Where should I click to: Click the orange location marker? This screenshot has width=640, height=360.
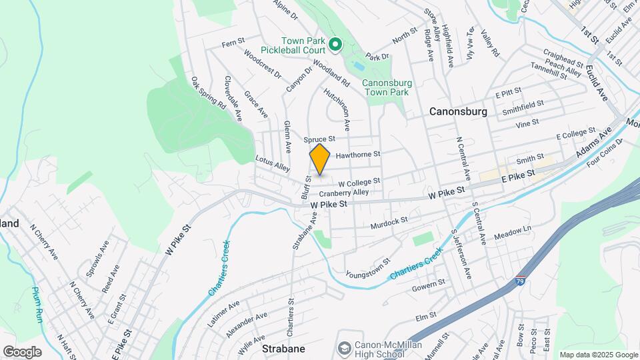(x=320, y=159)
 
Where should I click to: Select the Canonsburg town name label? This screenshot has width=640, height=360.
(x=458, y=111)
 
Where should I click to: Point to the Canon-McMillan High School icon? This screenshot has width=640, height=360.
(x=344, y=349)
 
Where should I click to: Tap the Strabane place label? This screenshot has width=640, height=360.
(x=283, y=349)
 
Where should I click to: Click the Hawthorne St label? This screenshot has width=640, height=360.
(x=357, y=155)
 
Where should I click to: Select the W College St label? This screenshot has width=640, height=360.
(x=359, y=181)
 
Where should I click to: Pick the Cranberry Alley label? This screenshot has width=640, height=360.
(x=343, y=192)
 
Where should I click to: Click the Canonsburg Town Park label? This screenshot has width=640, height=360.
(x=385, y=87)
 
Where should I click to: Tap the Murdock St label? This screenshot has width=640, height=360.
(x=389, y=221)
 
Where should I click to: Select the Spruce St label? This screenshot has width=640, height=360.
(x=318, y=139)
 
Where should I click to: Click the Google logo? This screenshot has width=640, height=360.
(x=22, y=351)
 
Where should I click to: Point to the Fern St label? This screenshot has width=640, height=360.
(x=233, y=43)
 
